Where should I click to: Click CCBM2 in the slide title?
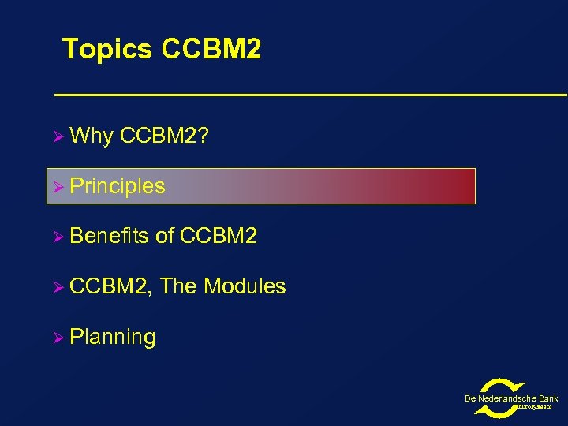click(x=211, y=50)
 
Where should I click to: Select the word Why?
click(x=92, y=136)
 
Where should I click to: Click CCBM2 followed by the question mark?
click(x=164, y=136)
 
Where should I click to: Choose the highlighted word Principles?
click(x=118, y=187)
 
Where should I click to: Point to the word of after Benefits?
click(x=166, y=236)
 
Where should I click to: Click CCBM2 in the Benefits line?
click(x=219, y=236)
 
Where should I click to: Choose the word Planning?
click(x=113, y=338)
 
